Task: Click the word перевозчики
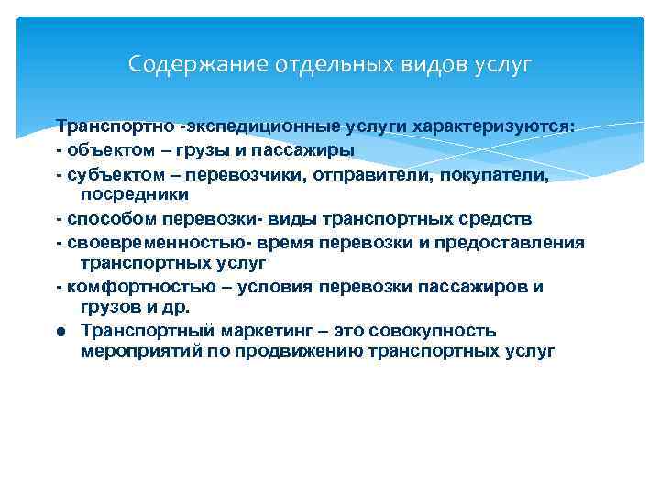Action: tap(241, 172)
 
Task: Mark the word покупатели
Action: tap(494, 172)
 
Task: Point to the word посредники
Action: tap(135, 193)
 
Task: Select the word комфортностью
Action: tap(129, 287)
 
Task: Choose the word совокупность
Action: tap(432, 330)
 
